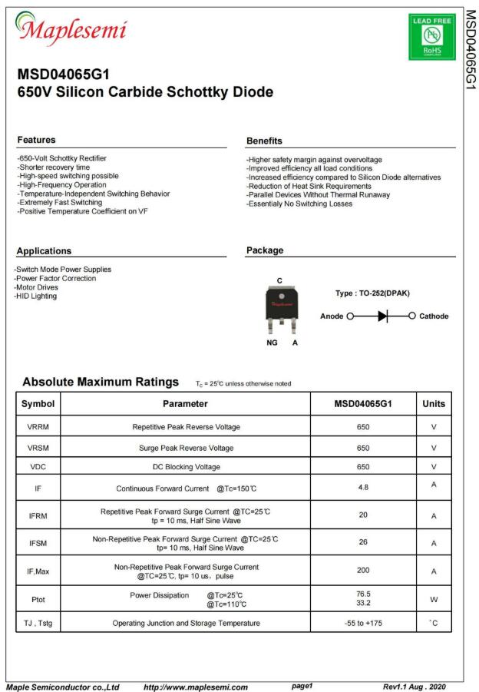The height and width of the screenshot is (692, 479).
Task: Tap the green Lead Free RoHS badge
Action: coord(432,36)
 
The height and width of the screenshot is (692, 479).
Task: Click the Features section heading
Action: coord(36,140)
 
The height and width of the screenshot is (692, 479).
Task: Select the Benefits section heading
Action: coord(264,141)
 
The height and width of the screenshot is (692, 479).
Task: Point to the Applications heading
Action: coord(44,251)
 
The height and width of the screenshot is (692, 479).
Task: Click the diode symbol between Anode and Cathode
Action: coord(383,316)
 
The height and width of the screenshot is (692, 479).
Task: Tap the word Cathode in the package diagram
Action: coord(434,316)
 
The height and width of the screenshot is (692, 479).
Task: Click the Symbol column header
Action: coord(38,404)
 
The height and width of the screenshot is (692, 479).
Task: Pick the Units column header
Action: coord(434,404)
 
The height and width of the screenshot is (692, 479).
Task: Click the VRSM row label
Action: coord(38,448)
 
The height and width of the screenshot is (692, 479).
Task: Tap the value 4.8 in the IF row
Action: coord(363,487)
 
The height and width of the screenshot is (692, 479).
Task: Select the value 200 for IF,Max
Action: coord(363,571)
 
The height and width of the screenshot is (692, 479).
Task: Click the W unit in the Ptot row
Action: coord(434,599)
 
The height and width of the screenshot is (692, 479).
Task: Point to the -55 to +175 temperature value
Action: coord(363,623)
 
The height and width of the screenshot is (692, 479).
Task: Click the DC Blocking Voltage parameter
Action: coord(185,467)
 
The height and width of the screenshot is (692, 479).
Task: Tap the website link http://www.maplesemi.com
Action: coord(196,687)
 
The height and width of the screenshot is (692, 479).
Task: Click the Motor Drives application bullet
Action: coord(37,287)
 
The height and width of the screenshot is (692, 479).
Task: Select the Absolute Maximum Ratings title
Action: coord(101,382)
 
